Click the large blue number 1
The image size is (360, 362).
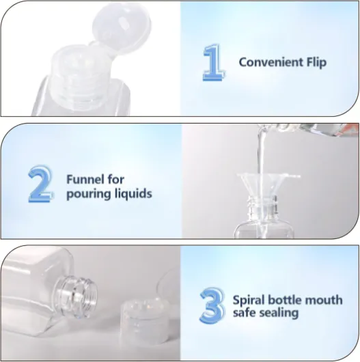click(x=214, y=62)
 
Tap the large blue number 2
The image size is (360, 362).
click(x=41, y=184)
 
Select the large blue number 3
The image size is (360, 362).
click(x=212, y=306)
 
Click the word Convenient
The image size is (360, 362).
click(x=271, y=62)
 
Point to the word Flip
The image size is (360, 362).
click(x=316, y=63)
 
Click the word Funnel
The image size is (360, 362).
click(x=85, y=180)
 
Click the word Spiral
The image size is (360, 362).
click(x=249, y=301)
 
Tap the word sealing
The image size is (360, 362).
click(x=277, y=314)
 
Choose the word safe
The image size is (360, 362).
click(x=243, y=313)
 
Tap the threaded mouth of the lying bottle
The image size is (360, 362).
click(x=77, y=296)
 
